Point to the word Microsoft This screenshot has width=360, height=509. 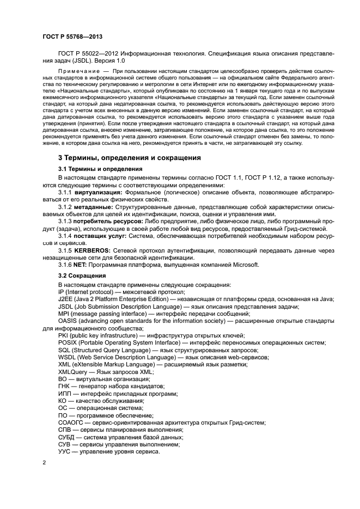coord(246,265)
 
